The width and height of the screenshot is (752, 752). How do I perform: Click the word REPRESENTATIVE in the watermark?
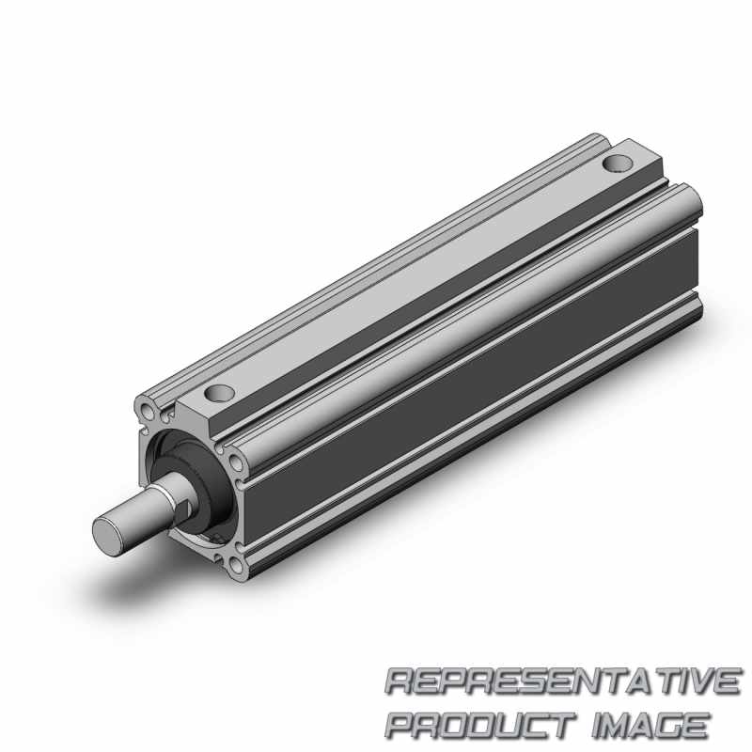click(562, 680)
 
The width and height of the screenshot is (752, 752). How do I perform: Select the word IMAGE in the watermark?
click(650, 724)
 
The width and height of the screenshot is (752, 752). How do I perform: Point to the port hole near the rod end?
click(220, 393)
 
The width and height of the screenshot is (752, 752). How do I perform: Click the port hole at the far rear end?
click(618, 164)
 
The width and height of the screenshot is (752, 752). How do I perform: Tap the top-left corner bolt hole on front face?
click(148, 409)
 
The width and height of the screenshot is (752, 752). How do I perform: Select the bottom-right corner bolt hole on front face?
click(237, 567)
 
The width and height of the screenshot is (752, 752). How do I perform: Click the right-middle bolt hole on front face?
click(237, 463)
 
